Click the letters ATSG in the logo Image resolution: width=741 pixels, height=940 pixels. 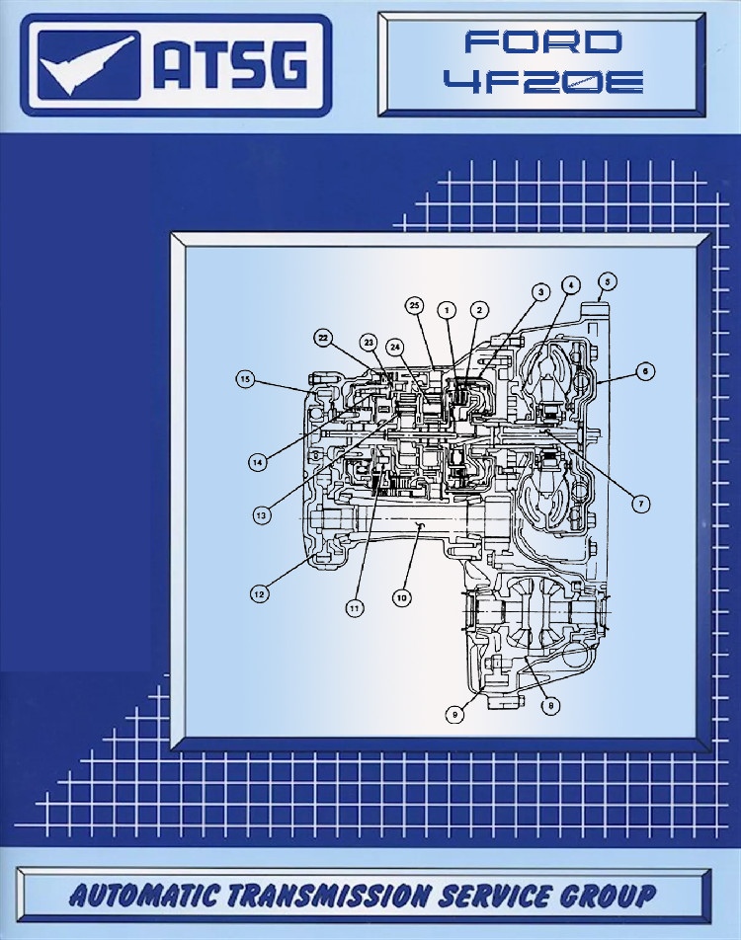231,64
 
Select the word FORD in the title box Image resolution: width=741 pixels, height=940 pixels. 543,41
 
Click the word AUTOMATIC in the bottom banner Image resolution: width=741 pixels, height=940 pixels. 143,895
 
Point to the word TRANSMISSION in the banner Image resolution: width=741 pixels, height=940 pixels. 328,895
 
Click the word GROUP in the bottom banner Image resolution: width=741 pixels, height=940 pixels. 608,895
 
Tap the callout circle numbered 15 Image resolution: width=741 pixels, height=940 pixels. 245,379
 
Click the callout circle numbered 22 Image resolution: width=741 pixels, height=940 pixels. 323,338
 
